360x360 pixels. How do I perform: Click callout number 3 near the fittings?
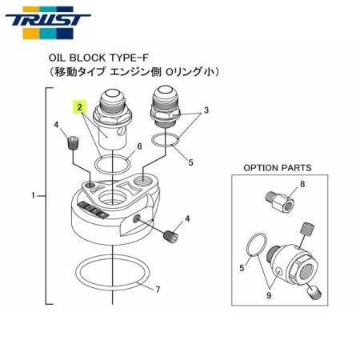pyautogui.click(x=206, y=110)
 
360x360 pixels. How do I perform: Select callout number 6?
pyautogui.click(x=139, y=146)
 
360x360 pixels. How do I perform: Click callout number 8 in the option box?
pyautogui.click(x=304, y=185)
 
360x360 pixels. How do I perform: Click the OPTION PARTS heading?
pyautogui.click(x=277, y=168)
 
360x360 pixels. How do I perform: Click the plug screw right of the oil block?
pyautogui.click(x=170, y=235)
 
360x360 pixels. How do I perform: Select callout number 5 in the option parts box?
pyautogui.click(x=242, y=269)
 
